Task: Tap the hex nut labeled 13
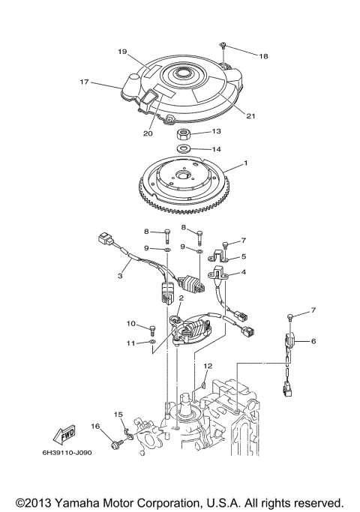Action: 184,136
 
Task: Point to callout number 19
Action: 121,52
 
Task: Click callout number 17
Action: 85,82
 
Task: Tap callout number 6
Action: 313,341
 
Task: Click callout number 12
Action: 208,365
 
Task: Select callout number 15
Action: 118,414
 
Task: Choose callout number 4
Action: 244,273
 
